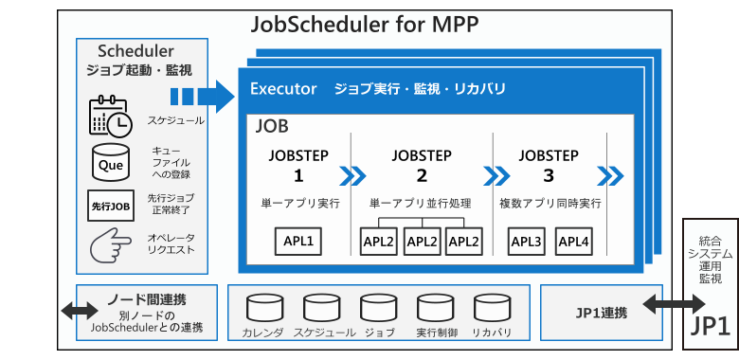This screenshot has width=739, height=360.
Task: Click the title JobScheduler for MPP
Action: coord(366,24)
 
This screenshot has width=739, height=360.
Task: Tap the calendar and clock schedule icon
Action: coord(110,117)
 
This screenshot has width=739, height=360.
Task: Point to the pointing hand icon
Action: coord(110,245)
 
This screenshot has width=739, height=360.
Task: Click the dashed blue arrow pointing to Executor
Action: coord(202,96)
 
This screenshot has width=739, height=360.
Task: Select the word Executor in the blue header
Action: coord(282,90)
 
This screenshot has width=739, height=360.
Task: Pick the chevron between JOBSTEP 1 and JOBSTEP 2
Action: coord(352,176)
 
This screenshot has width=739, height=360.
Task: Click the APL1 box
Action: coord(298,242)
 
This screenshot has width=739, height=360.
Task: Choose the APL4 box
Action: coord(573,242)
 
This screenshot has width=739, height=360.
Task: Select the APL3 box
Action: coord(526,242)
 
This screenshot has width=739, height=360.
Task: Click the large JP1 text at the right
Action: coord(710,324)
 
